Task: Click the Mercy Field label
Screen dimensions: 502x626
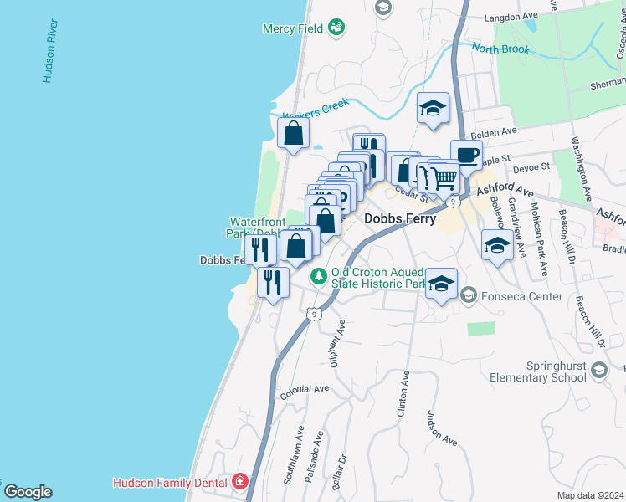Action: pos(293,28)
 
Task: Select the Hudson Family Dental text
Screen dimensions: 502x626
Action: pos(172,482)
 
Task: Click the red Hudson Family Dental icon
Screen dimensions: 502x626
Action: pos(240,482)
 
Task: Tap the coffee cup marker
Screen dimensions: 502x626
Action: pos(466,155)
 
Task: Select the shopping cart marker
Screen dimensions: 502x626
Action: pos(444,177)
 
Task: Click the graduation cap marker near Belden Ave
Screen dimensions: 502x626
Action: pos(433,109)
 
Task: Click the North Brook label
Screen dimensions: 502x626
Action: pos(500,49)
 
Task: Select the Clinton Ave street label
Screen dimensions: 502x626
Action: pos(404,395)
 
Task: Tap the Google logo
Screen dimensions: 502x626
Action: pos(28,492)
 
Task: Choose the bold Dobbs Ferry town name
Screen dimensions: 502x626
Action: pos(397,218)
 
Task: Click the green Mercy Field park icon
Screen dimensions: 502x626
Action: pos(336,28)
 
